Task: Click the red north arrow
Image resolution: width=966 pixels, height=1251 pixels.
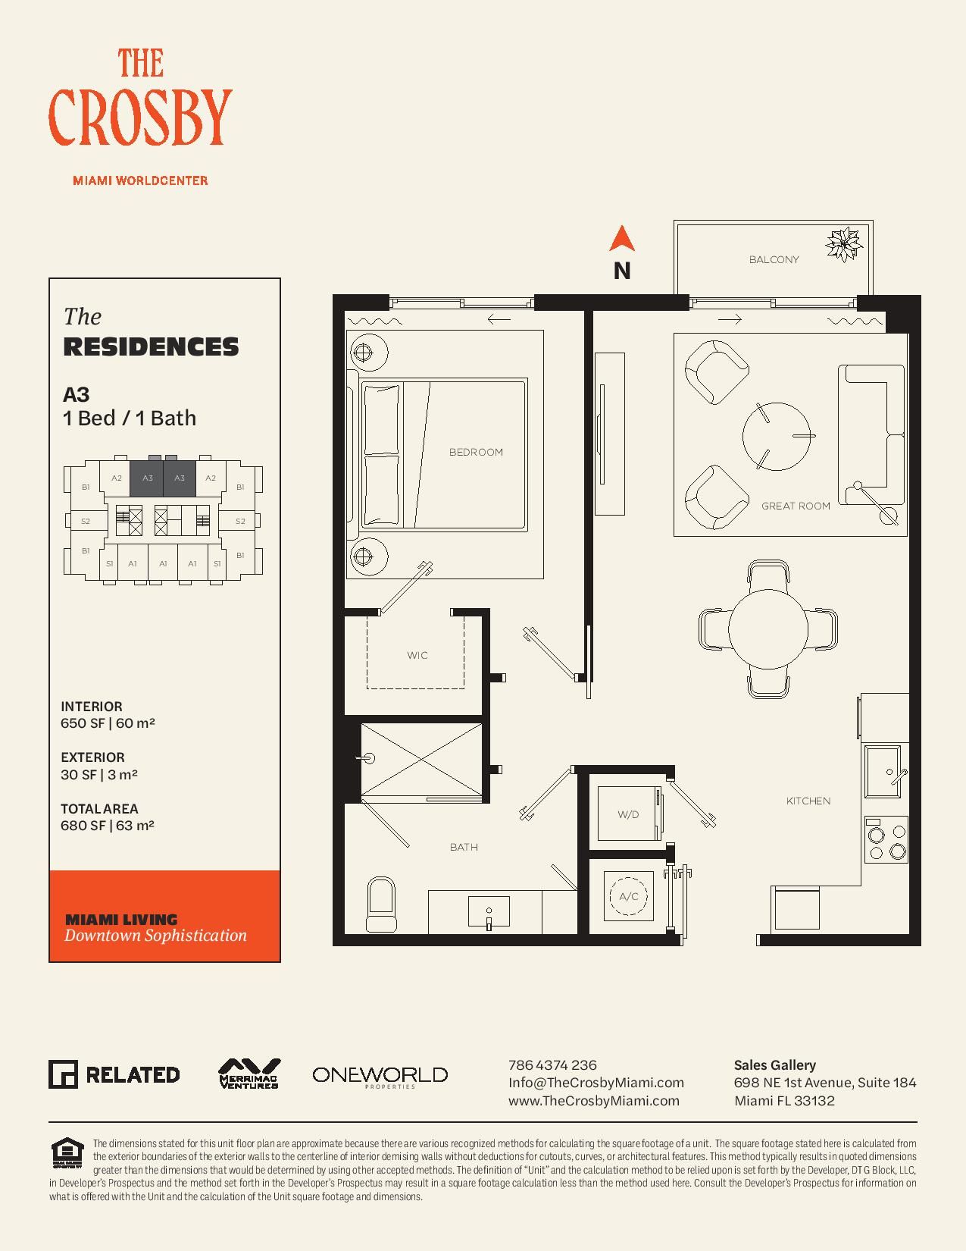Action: click(x=622, y=240)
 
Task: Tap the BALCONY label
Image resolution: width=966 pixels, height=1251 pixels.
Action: click(x=774, y=259)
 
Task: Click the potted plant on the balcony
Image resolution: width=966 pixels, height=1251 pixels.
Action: click(x=844, y=244)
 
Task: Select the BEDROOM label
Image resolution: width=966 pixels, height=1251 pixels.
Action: click(x=476, y=453)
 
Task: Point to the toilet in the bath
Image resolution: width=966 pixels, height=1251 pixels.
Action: click(x=381, y=905)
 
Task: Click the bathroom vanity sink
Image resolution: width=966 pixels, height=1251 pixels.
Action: click(x=489, y=911)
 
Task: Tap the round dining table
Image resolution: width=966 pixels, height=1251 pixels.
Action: click(x=768, y=629)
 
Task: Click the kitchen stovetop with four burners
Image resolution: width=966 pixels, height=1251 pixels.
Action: click(x=886, y=839)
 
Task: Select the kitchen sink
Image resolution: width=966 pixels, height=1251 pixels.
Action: click(x=883, y=771)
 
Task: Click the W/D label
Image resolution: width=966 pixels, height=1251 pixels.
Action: click(x=628, y=814)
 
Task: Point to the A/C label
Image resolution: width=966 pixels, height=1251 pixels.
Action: click(x=629, y=896)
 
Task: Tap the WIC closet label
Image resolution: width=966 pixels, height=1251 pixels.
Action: click(x=417, y=655)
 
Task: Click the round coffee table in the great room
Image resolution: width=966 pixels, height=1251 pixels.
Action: click(x=776, y=436)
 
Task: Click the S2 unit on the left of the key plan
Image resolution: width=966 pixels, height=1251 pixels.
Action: click(x=86, y=521)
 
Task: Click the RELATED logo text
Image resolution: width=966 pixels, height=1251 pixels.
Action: click(x=133, y=1075)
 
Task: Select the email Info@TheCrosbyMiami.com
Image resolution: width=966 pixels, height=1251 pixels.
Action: click(x=596, y=1083)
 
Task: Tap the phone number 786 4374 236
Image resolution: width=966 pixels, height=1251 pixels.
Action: click(x=552, y=1064)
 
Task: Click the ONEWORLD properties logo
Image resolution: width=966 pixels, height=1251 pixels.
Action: click(x=380, y=1077)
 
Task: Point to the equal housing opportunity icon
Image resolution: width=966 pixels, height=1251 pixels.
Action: click(x=67, y=1152)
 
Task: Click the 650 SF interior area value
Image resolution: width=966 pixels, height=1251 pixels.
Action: click(x=83, y=723)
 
